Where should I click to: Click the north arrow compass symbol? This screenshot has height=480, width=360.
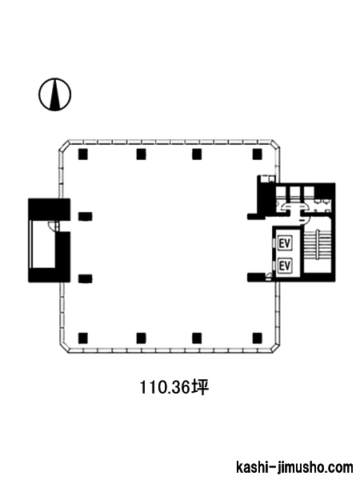(x=54, y=94)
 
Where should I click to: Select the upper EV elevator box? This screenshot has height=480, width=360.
(x=284, y=244)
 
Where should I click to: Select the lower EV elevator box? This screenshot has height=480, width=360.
(x=284, y=266)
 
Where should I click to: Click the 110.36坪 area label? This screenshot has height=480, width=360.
(x=174, y=387)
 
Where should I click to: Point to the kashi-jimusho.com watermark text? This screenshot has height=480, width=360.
(x=294, y=467)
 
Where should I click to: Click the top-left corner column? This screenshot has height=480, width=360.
(x=83, y=154)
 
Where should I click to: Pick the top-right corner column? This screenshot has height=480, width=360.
(x=258, y=154)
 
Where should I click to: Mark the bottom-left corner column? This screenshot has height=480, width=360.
(x=83, y=338)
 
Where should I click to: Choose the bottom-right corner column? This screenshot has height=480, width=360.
(x=258, y=338)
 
